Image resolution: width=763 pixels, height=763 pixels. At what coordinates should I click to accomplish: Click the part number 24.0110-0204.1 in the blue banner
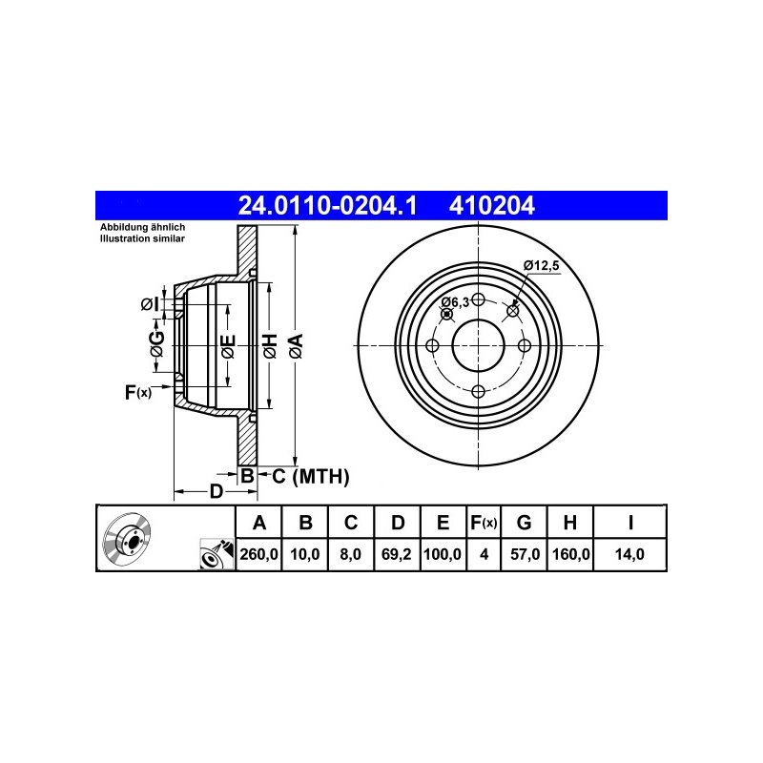point(327,205)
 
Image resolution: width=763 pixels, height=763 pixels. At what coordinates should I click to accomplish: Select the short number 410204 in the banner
point(491,205)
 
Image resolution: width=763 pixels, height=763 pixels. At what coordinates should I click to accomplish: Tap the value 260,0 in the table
point(258,554)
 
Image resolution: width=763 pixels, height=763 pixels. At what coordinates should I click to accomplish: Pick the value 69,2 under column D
point(397,554)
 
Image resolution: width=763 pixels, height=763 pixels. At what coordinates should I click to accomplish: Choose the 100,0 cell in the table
point(443,554)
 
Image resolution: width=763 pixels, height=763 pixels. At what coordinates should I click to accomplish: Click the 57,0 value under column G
point(525,554)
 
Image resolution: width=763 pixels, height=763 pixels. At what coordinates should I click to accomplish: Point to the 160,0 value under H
point(570,554)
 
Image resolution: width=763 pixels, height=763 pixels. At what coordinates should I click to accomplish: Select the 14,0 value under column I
point(629,554)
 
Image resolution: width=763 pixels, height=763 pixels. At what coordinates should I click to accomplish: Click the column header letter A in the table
point(259,523)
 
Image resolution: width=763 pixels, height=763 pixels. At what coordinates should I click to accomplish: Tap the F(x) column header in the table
point(484,523)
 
